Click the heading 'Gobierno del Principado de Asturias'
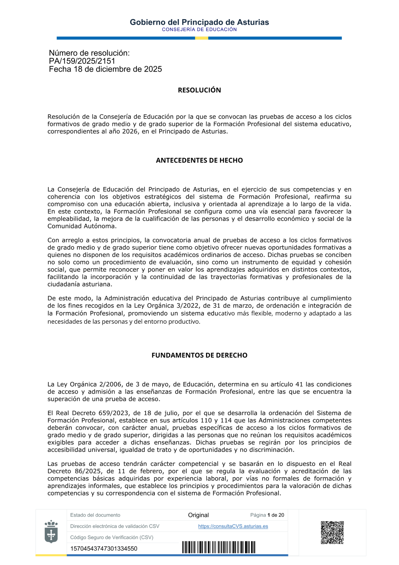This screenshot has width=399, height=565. coord(199,22)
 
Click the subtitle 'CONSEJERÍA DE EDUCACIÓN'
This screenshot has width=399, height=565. coord(199,30)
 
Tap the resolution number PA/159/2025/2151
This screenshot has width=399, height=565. coord(82,61)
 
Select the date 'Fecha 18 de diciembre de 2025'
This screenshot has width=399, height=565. coord(105,69)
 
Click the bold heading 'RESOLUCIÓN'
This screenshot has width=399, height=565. coord(199,90)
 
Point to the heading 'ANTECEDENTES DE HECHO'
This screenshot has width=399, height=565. coord(199,161)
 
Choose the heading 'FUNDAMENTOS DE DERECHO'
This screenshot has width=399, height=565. coord(199,355)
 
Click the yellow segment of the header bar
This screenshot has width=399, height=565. coord(201,38)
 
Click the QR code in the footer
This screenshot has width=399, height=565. coord(332,532)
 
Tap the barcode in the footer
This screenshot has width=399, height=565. coord(219,547)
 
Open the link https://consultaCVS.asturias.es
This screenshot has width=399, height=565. coord(233,526)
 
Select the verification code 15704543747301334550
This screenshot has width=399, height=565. coord(104,549)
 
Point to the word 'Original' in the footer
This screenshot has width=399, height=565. coord(198,515)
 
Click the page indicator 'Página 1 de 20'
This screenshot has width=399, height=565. coord(267,515)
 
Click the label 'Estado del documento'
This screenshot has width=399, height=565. coord(95,515)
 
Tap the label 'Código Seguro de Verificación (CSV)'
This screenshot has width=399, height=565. coord(112,537)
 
